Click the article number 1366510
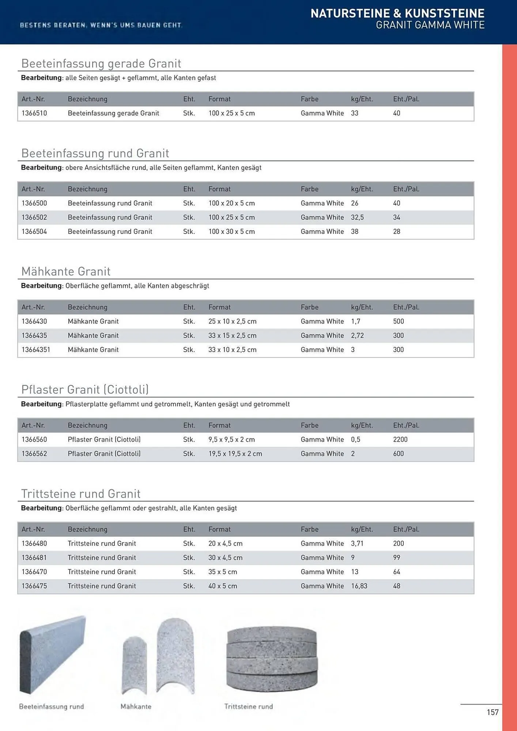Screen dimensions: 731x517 click(34, 113)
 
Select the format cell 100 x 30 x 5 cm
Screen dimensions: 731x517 click(231, 232)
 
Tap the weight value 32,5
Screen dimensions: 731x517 click(357, 217)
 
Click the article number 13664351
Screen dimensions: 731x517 click(36, 350)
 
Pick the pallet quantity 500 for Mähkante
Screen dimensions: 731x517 click(398, 322)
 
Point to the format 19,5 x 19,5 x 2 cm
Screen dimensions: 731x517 click(235, 454)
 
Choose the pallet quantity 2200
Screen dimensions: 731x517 click(400, 440)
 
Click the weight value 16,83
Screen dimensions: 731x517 click(359, 586)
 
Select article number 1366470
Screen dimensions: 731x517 click(34, 572)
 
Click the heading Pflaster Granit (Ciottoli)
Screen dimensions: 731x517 click(85, 390)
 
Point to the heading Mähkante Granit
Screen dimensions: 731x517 click(66, 272)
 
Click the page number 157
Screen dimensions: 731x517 click(493, 712)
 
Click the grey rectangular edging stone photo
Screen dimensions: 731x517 click(52, 654)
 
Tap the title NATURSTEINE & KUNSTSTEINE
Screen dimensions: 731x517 click(397, 14)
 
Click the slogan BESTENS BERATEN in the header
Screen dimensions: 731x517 click(101, 25)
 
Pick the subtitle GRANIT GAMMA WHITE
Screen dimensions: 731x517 click(430, 25)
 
